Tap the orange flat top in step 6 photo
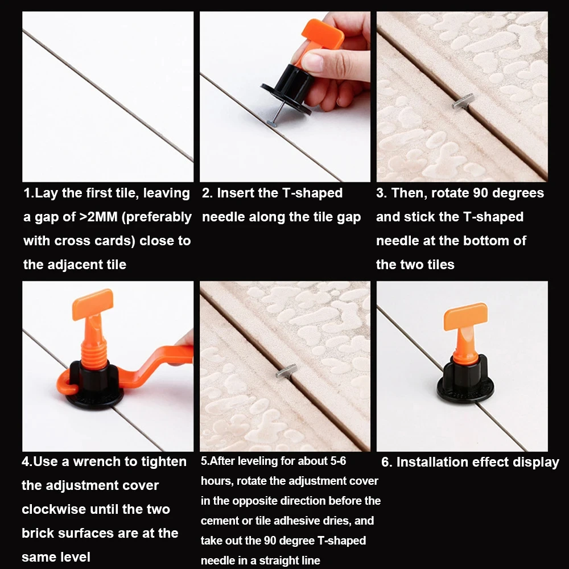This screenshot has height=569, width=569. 465,316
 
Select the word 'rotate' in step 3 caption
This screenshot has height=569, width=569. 453,193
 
